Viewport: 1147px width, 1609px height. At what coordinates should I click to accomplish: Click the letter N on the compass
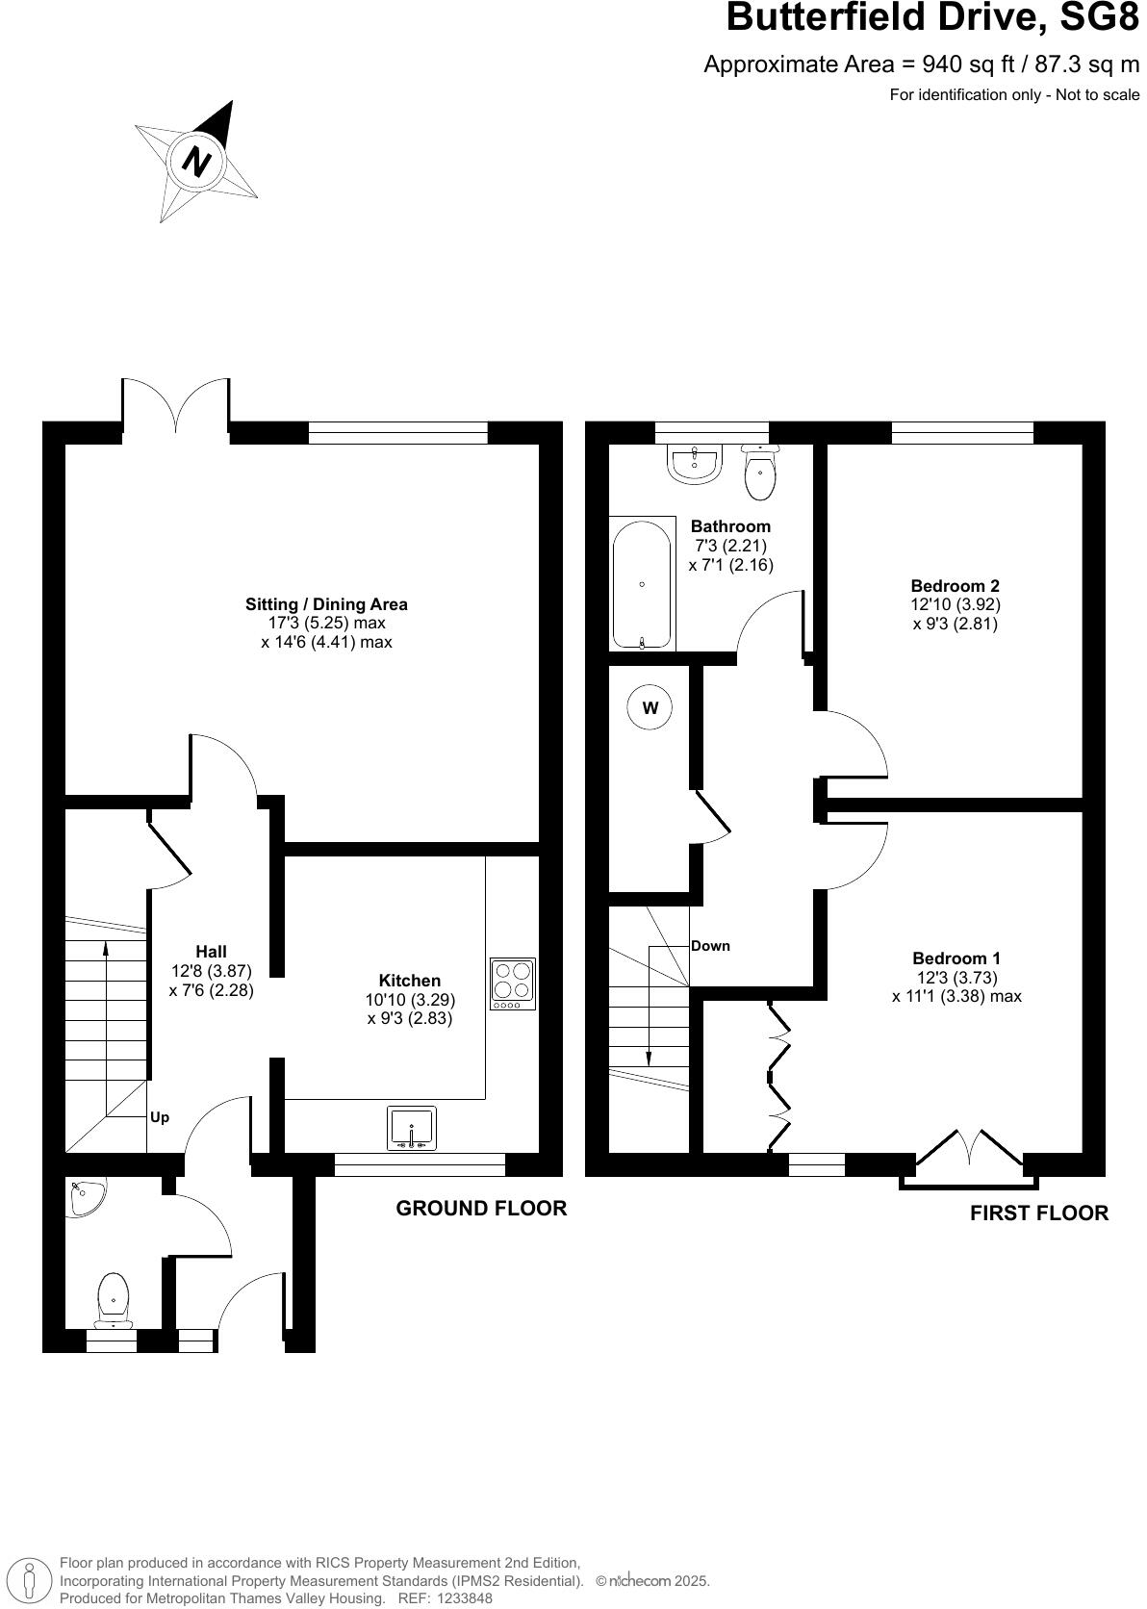[197, 161]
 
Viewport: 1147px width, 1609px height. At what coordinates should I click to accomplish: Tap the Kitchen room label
[409, 981]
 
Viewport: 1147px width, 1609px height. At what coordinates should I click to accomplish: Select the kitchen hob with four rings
[513, 983]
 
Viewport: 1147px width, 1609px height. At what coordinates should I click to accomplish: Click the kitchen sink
[412, 1128]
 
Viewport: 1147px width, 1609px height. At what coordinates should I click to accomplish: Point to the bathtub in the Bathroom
[642, 584]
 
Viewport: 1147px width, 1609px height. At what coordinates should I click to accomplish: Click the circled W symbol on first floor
[650, 708]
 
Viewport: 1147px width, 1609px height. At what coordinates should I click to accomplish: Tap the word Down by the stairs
[710, 945]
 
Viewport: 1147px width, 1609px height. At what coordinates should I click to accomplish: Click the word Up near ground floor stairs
[160, 1117]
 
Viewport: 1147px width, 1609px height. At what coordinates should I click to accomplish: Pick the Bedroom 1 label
[956, 958]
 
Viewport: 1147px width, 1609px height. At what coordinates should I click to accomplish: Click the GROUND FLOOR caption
[481, 1208]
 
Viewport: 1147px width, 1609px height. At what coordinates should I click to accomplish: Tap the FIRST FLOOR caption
[1038, 1213]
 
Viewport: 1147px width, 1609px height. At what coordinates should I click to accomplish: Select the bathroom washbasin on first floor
[695, 463]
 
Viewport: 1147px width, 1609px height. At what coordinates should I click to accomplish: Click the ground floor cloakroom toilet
[114, 1296]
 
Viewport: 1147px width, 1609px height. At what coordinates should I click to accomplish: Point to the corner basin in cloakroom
[85, 1197]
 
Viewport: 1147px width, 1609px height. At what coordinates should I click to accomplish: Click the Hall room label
[211, 951]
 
